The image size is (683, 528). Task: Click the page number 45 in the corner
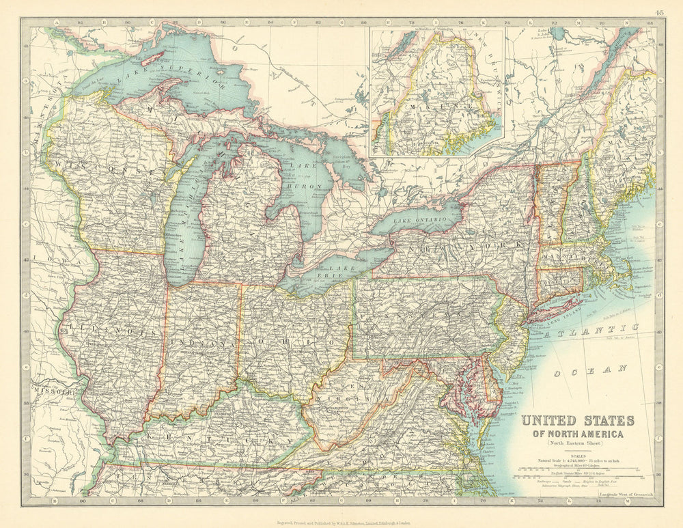[x=658, y=12]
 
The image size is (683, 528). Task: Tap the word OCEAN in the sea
[x=590, y=371]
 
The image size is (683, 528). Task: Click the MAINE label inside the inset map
[x=437, y=109]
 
